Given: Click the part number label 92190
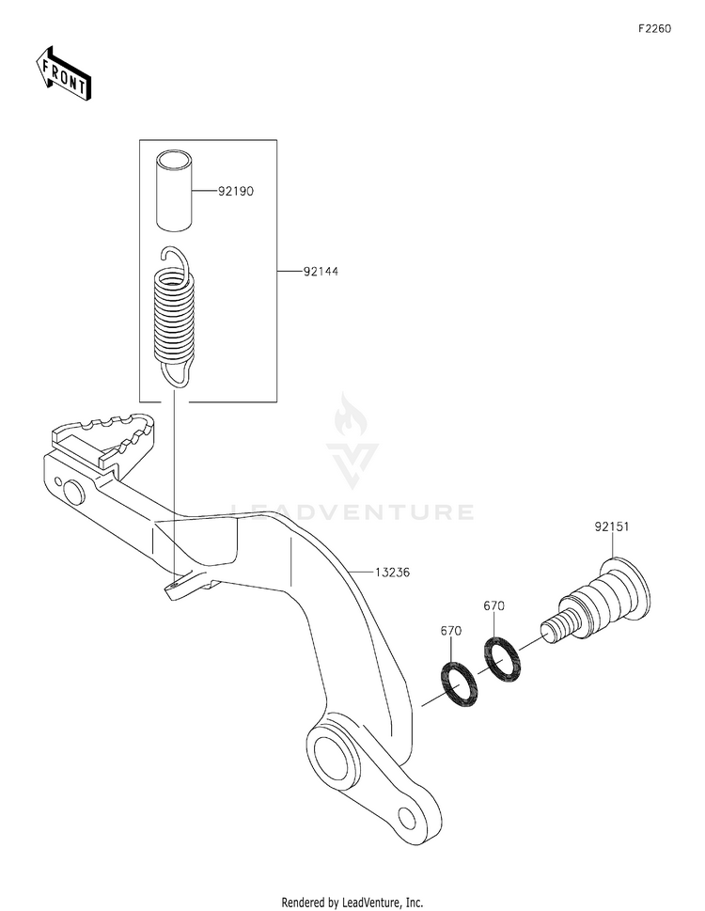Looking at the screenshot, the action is pyautogui.click(x=237, y=191).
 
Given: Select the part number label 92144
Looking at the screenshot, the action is pyautogui.click(x=320, y=272).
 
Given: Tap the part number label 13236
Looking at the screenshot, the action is pyautogui.click(x=393, y=572).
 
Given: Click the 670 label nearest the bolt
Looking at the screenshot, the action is pyautogui.click(x=495, y=606).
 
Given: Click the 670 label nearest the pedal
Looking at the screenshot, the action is pyautogui.click(x=450, y=633).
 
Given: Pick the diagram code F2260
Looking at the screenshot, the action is pyautogui.click(x=654, y=29).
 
